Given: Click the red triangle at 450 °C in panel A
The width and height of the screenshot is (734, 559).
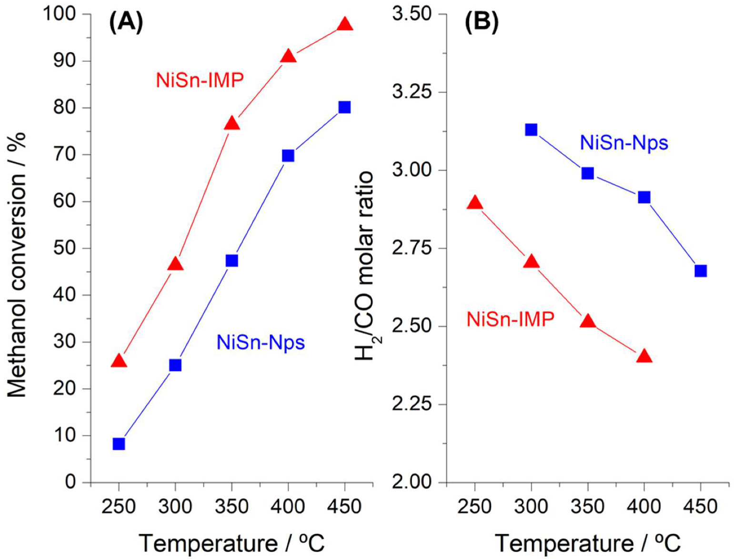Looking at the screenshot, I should [345, 25].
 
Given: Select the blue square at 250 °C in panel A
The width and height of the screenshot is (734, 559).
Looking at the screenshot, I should [119, 444].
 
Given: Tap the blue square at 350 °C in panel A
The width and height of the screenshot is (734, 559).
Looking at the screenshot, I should [231, 260].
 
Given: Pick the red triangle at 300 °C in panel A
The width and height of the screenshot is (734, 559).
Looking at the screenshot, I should [175, 264].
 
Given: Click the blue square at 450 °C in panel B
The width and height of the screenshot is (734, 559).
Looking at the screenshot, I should [700, 271].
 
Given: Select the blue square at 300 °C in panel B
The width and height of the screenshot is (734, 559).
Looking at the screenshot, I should [531, 130].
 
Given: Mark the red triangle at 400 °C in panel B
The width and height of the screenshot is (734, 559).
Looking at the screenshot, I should [644, 356].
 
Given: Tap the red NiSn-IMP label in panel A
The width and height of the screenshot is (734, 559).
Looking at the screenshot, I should [200, 80].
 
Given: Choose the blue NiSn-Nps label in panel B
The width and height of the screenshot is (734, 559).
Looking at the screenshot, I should [623, 142].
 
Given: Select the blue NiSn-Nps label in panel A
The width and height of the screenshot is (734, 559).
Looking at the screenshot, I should [261, 342].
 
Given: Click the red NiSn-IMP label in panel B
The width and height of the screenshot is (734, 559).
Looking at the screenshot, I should [510, 319].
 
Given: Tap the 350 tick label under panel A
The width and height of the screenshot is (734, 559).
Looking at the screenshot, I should [231, 506].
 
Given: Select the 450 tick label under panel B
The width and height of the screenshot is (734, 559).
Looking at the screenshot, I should [700, 506].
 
